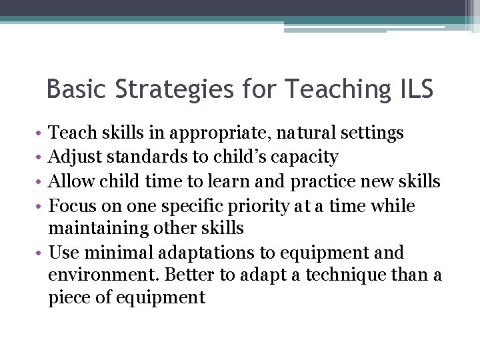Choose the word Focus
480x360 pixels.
pyautogui.click(x=73, y=205)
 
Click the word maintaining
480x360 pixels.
pyautogui.click(x=97, y=229)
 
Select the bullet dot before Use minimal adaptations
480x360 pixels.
pyautogui.click(x=42, y=253)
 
